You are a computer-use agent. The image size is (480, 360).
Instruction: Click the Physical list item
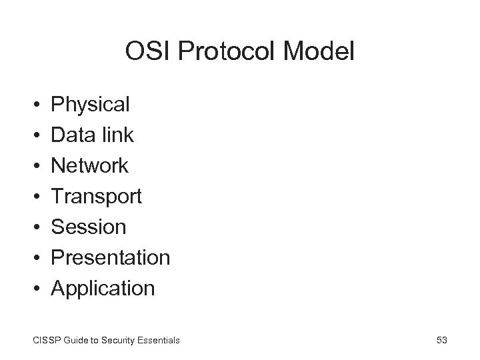coord(91,105)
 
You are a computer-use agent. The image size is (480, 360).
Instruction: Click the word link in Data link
coord(118,135)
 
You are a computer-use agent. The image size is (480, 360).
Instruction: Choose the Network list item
coord(90,166)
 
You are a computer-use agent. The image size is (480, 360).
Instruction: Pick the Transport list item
coord(97,197)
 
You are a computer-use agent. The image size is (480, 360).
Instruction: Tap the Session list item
coord(89,227)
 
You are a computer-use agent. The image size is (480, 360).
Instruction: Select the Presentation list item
coord(111,258)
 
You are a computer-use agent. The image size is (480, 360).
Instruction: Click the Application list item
coord(103,289)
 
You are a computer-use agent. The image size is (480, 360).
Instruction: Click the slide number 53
coord(441,341)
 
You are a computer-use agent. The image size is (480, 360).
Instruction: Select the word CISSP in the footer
coord(45,341)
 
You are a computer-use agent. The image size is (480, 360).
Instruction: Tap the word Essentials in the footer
coord(159,341)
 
